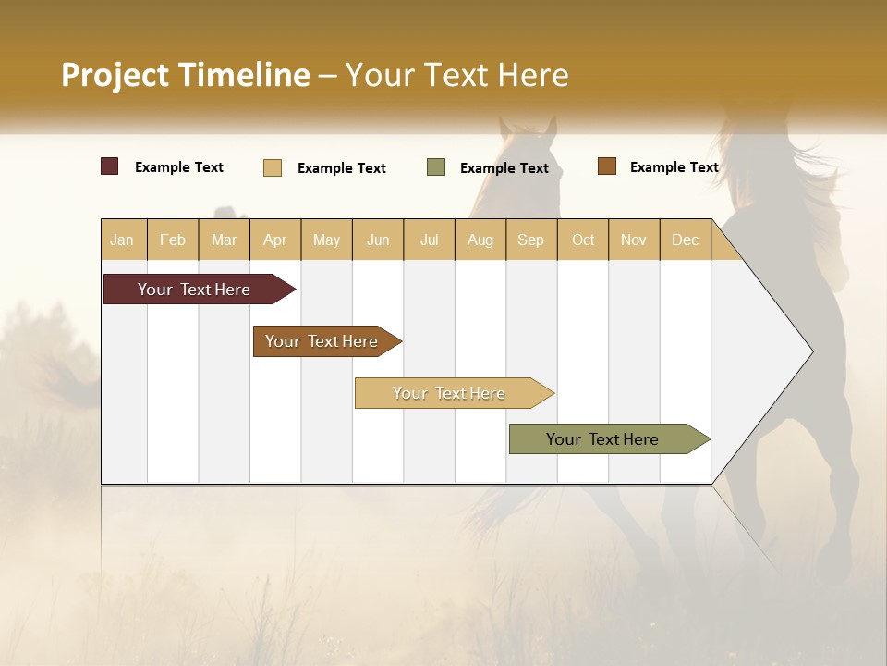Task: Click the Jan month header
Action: click(123, 240)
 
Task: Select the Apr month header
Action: click(275, 240)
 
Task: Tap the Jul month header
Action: click(429, 240)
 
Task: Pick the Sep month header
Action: click(531, 240)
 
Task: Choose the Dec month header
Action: click(685, 240)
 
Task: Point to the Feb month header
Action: click(173, 240)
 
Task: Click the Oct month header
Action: click(583, 240)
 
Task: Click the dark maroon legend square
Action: click(110, 166)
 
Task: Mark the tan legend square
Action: click(273, 167)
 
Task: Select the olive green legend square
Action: click(436, 167)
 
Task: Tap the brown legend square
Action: click(607, 166)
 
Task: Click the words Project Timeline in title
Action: click(186, 75)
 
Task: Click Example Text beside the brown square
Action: click(674, 167)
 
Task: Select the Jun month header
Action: click(378, 240)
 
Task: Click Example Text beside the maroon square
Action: click(179, 167)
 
